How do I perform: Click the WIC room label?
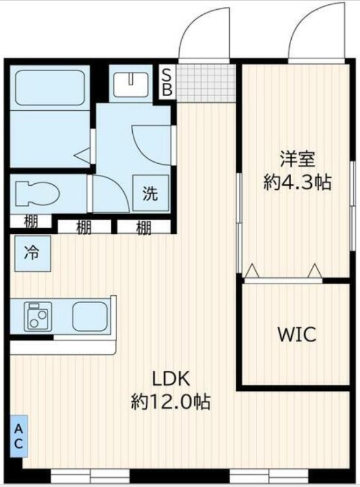[x=297, y=334]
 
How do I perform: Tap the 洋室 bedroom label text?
[x=298, y=159]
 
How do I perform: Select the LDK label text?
[x=171, y=379]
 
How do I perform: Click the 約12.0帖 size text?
[x=171, y=402]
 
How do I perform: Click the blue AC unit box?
[x=19, y=436]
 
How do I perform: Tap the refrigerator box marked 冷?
[x=32, y=253]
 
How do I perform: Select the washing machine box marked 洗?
[x=151, y=193]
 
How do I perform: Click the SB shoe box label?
[x=168, y=82]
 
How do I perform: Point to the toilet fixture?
[x=37, y=194]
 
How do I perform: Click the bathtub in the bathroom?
[x=51, y=88]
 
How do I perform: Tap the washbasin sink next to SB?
[x=131, y=84]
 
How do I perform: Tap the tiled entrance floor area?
[x=206, y=83]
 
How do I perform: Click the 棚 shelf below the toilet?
[x=30, y=222]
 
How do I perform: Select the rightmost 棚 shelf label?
[x=144, y=227]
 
